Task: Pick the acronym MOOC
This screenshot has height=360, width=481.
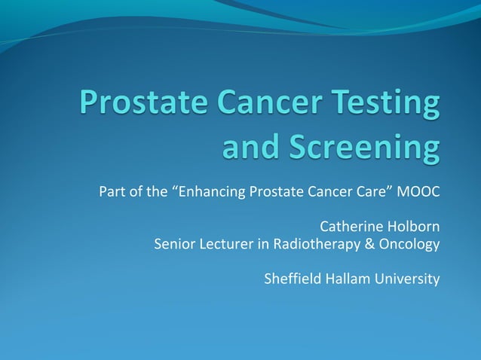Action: point(418,191)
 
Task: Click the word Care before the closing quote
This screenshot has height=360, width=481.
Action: point(373,191)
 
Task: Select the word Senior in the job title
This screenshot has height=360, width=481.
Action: point(173,244)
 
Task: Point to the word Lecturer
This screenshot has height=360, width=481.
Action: point(225,244)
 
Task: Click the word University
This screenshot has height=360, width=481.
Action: point(409,280)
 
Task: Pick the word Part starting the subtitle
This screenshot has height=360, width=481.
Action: point(112,191)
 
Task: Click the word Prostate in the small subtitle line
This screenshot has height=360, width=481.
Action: point(271,191)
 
